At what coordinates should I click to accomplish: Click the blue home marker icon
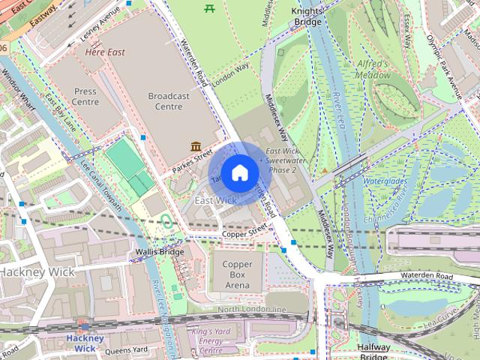point(238,173)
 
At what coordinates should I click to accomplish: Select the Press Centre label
point(85,96)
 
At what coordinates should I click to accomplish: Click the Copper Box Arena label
point(237,275)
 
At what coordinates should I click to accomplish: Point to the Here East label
point(105,52)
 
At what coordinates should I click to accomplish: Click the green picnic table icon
point(209,9)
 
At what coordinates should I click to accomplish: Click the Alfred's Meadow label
point(373,69)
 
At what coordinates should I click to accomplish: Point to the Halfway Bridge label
point(373,352)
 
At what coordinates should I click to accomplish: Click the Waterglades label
point(385,181)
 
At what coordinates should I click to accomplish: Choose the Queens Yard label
point(125,349)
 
